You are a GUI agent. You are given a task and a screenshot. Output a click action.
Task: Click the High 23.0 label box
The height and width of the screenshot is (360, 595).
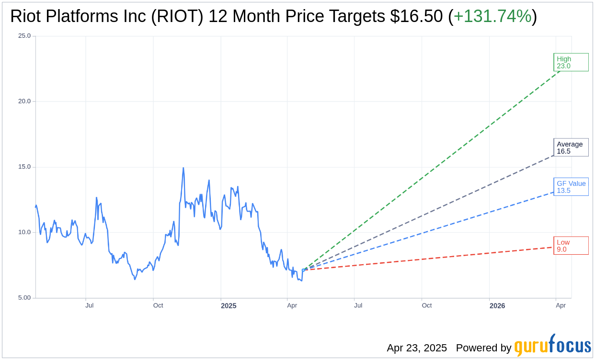coord(571,62)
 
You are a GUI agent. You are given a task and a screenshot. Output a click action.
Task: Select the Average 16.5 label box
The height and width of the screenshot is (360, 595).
coord(571,147)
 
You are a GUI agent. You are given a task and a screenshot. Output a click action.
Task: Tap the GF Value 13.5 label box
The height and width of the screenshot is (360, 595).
coord(571,187)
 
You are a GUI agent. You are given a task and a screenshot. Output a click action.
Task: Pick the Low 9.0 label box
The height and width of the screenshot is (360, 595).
coord(571,246)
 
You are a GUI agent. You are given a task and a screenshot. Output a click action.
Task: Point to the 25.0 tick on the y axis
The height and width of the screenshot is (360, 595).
coord(24,36)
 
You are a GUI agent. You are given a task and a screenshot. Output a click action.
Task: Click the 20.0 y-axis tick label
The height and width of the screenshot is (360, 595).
coord(24,101)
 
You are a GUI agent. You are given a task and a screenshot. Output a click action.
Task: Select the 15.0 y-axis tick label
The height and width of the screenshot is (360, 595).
coord(24,167)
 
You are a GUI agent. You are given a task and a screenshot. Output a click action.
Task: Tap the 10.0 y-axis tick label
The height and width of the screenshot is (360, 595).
coord(24,233)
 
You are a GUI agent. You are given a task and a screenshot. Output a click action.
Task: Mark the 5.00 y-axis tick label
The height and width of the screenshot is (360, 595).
coord(24,298)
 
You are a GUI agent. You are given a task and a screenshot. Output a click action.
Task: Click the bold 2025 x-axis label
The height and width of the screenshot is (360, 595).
coord(229,306)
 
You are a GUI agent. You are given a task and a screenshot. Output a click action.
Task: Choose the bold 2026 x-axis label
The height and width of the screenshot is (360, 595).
coord(497,306)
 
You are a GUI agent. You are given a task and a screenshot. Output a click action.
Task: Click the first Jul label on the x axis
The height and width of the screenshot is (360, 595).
coord(90,305)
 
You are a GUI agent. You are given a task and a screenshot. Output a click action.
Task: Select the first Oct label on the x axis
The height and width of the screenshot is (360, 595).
coord(158,305)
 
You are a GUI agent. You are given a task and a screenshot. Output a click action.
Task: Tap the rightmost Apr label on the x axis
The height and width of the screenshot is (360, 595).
coord(561,305)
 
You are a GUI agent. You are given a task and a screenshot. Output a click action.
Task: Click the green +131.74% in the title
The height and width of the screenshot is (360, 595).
coord(492,17)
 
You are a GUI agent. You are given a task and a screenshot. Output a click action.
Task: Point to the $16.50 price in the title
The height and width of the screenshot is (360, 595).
coord(416,17)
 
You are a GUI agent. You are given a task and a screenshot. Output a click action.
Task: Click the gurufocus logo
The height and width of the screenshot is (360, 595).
coord(552,346)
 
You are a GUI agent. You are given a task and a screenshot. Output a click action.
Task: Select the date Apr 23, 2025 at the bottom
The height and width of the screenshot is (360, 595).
coord(417,348)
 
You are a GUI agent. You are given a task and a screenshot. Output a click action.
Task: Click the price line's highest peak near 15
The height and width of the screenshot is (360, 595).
coord(183,168)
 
